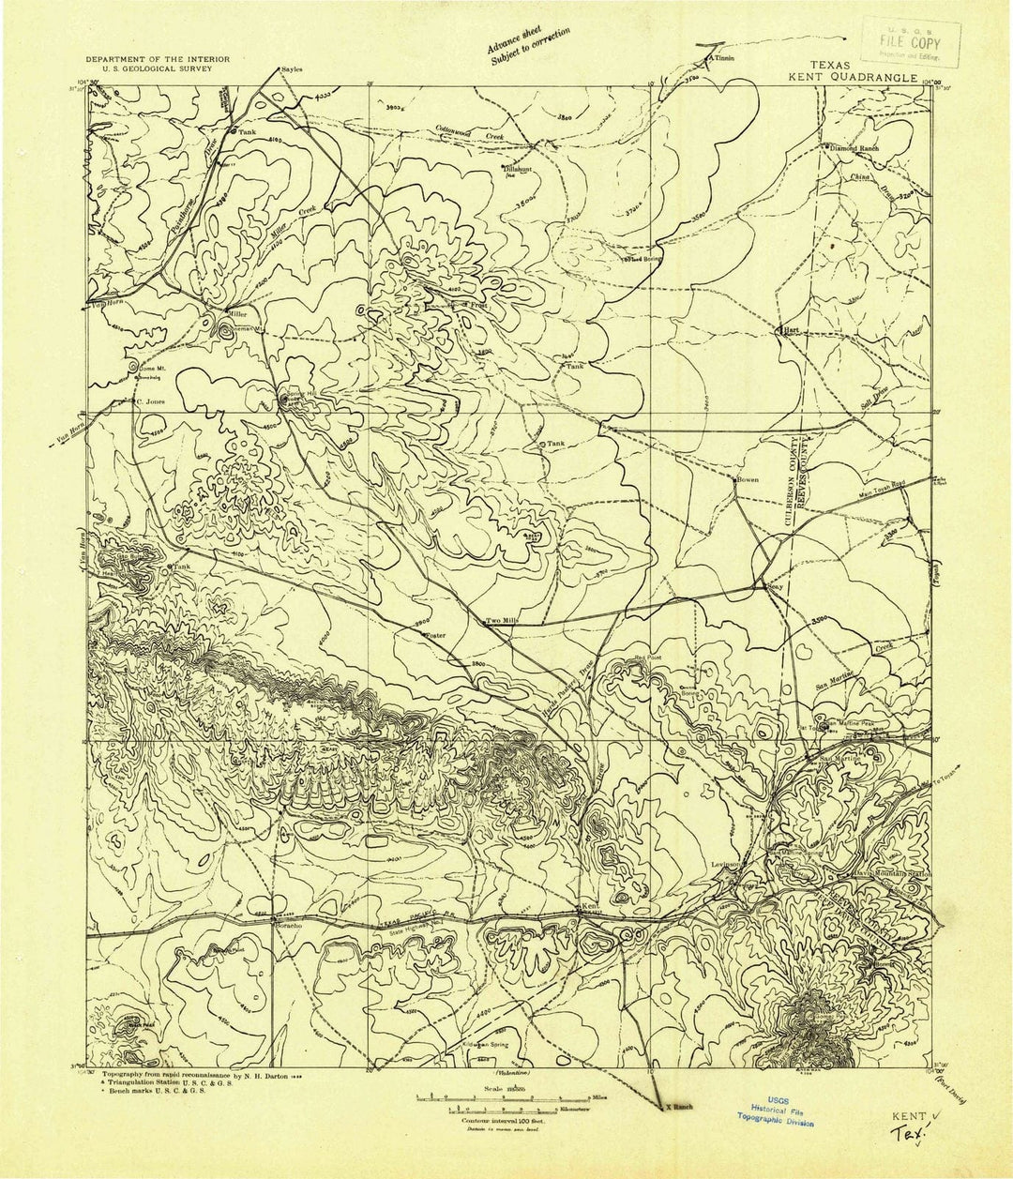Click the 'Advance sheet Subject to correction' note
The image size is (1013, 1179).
pyautogui.click(x=529, y=46)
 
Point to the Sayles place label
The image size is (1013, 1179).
pyautogui.click(x=293, y=69)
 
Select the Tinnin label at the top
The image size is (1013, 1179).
pyautogui.click(x=722, y=58)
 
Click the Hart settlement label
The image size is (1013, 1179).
pyautogui.click(x=790, y=330)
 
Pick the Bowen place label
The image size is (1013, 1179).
pyautogui.click(x=748, y=480)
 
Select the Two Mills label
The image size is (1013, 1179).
pyautogui.click(x=501, y=621)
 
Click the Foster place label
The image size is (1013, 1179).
pyautogui.click(x=435, y=636)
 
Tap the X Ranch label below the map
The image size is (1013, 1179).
pyautogui.click(x=679, y=1108)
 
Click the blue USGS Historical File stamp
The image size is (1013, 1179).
pyautogui.click(x=775, y=1113)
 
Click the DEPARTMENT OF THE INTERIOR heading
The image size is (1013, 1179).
pyautogui.click(x=158, y=59)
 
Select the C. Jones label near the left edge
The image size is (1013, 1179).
pyautogui.click(x=152, y=401)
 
